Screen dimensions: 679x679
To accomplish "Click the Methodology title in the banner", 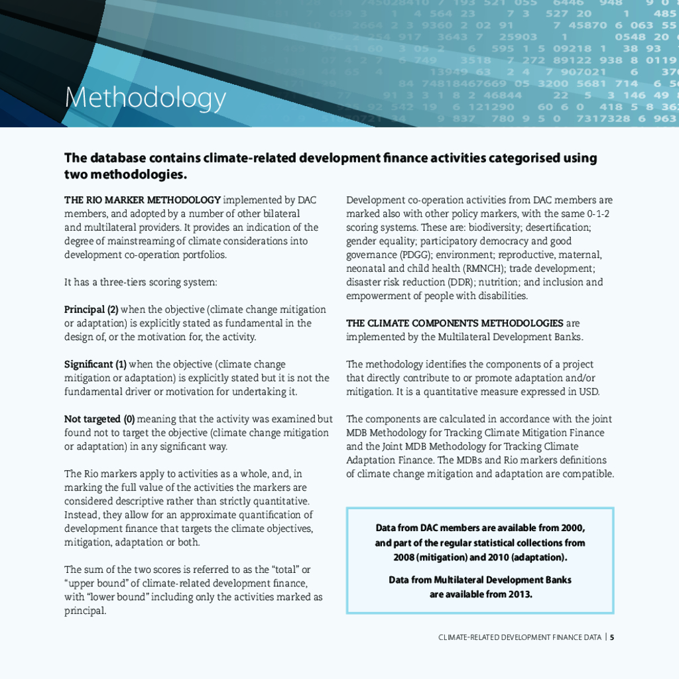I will pos(145,98).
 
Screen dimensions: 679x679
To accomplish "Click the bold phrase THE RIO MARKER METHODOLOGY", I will pos(142,200).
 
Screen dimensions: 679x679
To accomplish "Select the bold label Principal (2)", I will pos(91,310).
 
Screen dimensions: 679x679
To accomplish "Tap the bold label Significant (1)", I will pos(95,364).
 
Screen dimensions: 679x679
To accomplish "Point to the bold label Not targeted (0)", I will pos(99,419).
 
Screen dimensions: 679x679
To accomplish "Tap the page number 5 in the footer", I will pos(612,637).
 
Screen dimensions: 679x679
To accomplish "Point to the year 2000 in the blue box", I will pos(572,528).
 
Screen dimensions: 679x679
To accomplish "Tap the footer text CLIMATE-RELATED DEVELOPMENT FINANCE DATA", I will pos(520,637).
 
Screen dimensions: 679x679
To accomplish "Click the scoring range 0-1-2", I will pos(598,214).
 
